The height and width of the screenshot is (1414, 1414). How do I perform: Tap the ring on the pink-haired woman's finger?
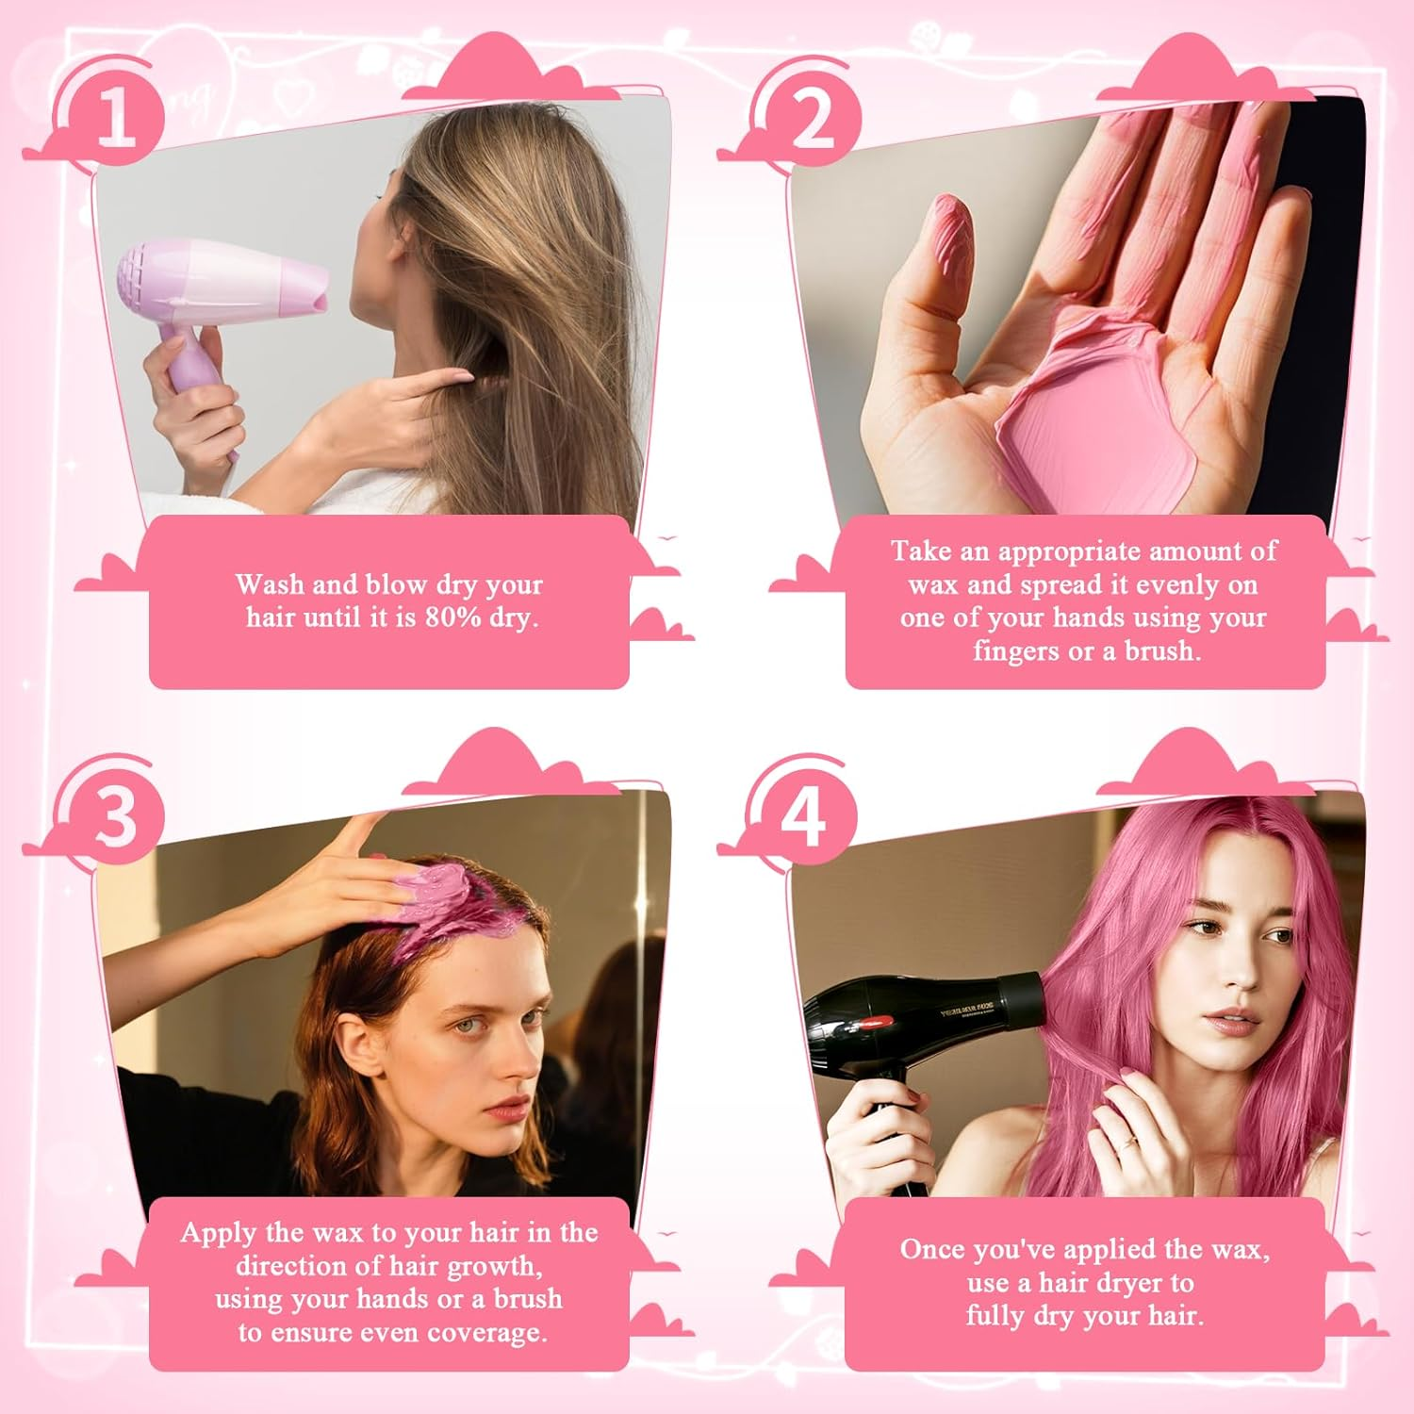coord(1127,1143)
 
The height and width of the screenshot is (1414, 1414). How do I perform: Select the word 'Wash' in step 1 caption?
coord(270,584)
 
